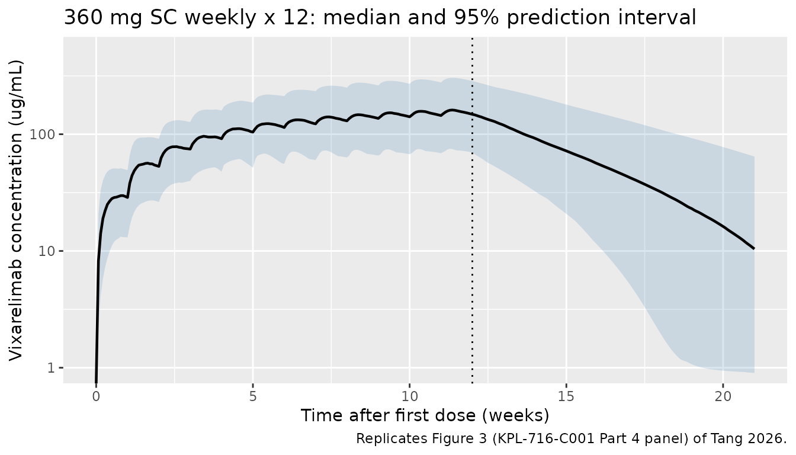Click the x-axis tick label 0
(96, 396)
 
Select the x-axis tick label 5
(253, 396)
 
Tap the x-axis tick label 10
(409, 396)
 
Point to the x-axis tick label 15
(566, 396)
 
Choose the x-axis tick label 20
(723, 396)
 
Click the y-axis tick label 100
(41, 134)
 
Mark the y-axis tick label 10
(46, 251)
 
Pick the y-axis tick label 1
(50, 368)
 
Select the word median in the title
(362, 17)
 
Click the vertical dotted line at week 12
(472, 210)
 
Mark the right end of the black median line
(754, 248)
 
